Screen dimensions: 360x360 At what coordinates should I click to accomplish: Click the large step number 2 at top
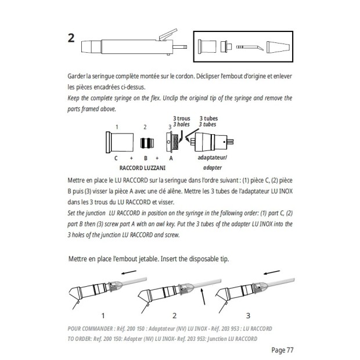click(x=71, y=39)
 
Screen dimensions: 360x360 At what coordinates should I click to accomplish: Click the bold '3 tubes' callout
click(x=208, y=118)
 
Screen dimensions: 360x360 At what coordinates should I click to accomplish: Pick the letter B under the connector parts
click(x=145, y=157)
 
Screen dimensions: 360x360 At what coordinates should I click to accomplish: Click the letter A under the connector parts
click(x=171, y=157)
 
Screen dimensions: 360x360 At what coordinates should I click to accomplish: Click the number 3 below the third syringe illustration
click(x=248, y=316)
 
